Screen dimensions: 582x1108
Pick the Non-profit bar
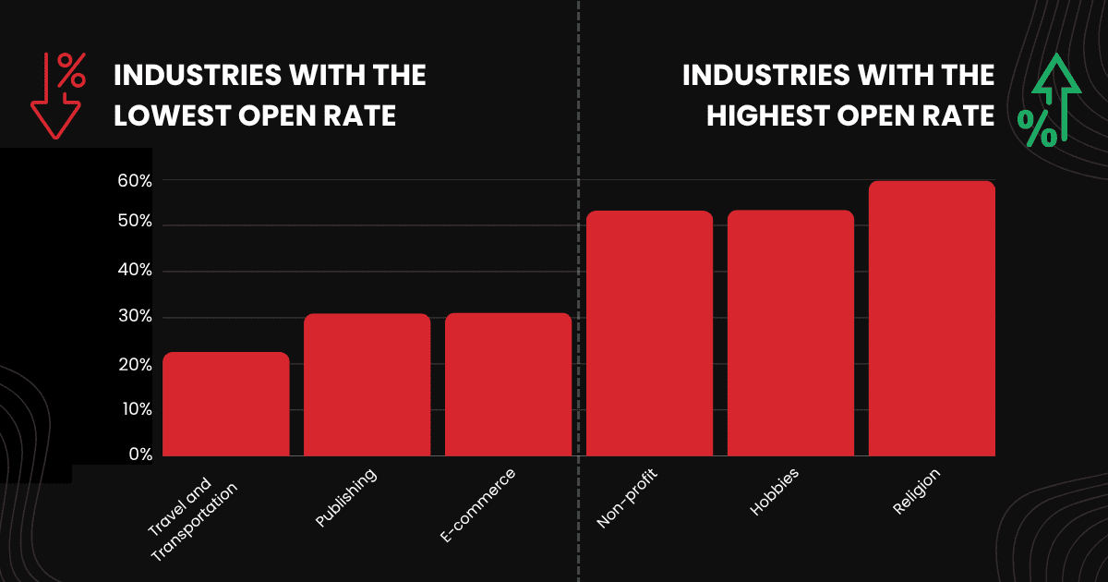649,333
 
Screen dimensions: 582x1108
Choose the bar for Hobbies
790,333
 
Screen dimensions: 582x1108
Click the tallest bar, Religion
932,319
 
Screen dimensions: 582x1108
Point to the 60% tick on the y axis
134,181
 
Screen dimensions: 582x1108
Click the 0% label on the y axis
139,455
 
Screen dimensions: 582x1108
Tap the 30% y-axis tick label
134,317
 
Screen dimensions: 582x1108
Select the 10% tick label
134,409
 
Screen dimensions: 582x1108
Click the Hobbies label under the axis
774,492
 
